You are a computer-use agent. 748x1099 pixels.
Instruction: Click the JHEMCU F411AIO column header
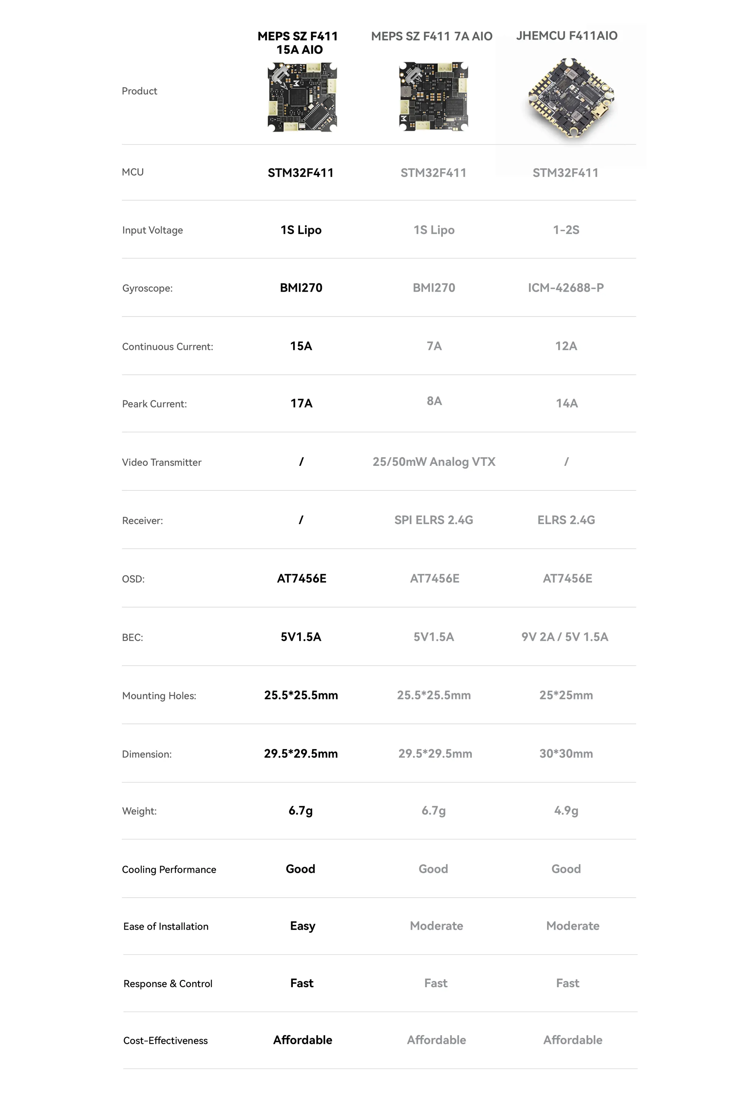(566, 36)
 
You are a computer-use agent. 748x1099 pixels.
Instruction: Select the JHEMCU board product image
(571, 98)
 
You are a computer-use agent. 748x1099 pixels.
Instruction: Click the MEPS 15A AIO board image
(302, 97)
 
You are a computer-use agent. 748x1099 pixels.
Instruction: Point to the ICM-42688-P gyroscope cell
(566, 288)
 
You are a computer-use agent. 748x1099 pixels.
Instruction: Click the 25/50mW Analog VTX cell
(434, 462)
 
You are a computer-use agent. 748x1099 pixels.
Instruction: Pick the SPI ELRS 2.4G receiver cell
(434, 520)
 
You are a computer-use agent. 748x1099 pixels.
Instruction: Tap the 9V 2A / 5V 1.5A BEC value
(564, 637)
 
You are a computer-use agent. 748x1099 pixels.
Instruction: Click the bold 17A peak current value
(301, 403)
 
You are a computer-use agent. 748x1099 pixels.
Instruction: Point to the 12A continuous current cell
(566, 346)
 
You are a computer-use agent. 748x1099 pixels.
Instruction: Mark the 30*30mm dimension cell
(566, 753)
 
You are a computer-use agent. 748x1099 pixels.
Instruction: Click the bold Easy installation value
(302, 926)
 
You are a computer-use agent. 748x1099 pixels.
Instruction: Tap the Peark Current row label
(154, 404)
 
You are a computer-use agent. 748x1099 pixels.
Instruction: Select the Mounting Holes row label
(159, 696)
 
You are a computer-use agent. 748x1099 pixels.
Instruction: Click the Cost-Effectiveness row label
(165, 1040)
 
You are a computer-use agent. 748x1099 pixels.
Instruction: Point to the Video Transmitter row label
(161, 462)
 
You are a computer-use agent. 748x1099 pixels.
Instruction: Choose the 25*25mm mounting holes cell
(566, 695)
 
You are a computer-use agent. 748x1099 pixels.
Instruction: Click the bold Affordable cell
(303, 1040)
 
